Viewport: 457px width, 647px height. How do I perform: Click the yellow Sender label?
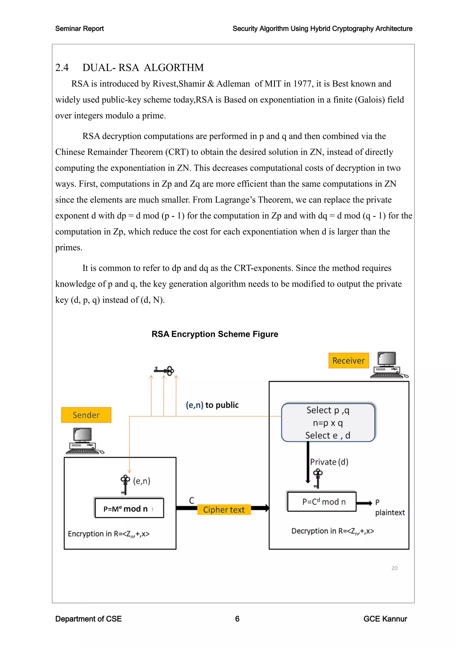(86, 415)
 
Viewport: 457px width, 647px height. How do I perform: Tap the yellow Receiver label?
(348, 360)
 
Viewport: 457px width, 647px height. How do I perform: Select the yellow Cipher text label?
(224, 509)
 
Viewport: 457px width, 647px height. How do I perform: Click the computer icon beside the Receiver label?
(388, 365)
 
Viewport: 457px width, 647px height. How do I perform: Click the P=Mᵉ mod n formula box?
(129, 508)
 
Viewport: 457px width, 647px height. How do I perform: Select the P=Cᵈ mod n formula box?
(322, 502)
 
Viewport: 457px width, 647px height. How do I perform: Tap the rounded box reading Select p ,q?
(328, 422)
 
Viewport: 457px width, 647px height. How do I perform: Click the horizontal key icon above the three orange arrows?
(164, 370)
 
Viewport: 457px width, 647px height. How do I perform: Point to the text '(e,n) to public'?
(212, 405)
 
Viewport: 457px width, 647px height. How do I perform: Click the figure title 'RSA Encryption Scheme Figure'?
(215, 334)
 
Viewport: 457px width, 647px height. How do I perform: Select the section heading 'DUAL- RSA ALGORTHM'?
(143, 68)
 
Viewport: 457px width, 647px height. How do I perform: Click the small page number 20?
(394, 568)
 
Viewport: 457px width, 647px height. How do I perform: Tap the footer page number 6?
(237, 619)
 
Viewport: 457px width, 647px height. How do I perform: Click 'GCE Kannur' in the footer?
(385, 619)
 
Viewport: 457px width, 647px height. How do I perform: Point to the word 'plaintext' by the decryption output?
(390, 513)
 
